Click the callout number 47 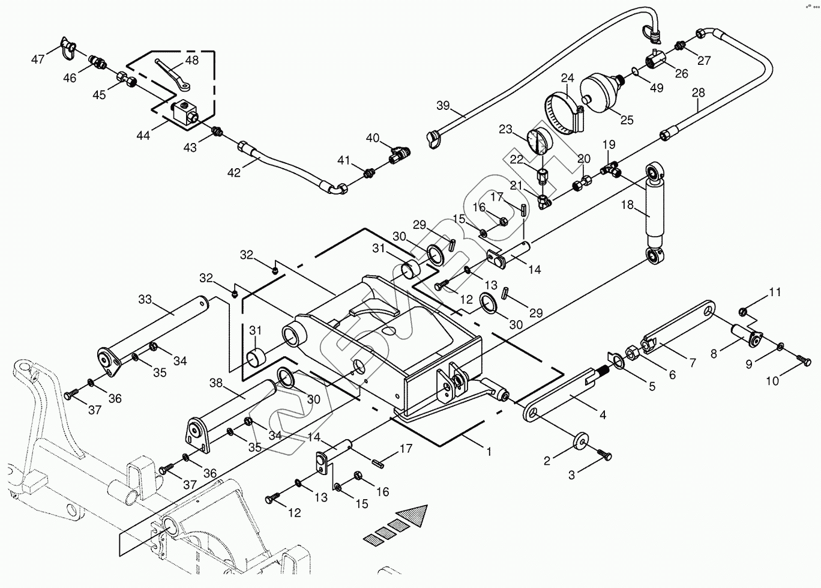38,59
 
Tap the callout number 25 627,120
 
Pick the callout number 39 443,106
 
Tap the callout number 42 233,173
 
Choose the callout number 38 217,383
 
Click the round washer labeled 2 580,440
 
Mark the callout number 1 489,451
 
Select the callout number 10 772,381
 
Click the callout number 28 699,93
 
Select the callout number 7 692,363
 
